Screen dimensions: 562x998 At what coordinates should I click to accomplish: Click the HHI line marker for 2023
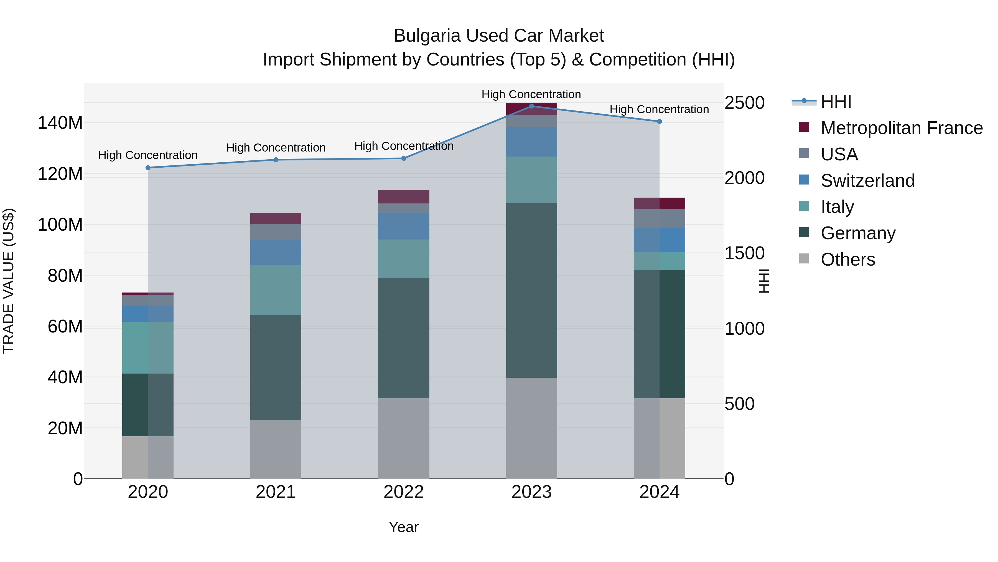(x=531, y=106)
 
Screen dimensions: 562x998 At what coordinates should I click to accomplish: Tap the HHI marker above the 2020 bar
(x=148, y=168)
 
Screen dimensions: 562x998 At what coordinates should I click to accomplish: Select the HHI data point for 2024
(x=660, y=121)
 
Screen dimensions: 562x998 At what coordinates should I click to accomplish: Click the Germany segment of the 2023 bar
(x=531, y=290)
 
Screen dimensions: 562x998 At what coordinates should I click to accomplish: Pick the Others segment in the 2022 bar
(x=404, y=438)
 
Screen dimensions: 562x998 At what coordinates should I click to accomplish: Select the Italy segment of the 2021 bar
(x=276, y=290)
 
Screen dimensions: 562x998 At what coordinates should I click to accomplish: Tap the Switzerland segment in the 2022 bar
(x=404, y=226)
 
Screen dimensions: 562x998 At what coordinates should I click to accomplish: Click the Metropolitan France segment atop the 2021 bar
(x=276, y=218)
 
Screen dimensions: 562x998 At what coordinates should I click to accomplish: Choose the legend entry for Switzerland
(x=867, y=181)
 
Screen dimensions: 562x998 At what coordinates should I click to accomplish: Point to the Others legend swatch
(x=804, y=259)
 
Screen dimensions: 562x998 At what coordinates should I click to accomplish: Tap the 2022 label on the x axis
(x=404, y=492)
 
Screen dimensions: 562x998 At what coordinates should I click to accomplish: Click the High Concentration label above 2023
(x=531, y=94)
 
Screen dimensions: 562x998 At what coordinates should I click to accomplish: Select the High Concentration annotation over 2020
(x=148, y=155)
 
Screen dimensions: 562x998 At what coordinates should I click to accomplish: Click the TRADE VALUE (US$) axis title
(x=9, y=281)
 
